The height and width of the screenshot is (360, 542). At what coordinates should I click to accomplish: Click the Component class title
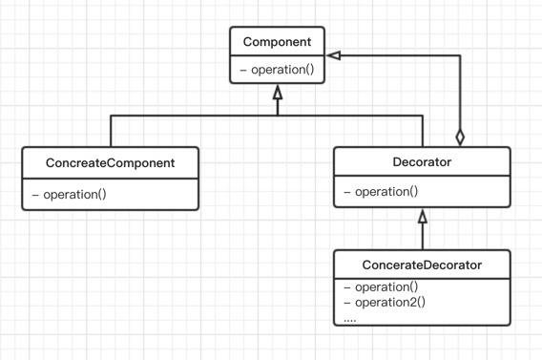(277, 42)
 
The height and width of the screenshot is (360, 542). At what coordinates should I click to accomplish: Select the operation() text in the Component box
(282, 70)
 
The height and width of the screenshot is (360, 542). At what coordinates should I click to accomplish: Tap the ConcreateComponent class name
(110, 163)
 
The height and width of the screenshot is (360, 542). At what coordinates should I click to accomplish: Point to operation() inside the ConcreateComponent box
(74, 195)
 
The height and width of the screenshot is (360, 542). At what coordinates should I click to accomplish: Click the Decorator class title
(422, 161)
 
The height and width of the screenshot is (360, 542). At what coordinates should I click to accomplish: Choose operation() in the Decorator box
(386, 192)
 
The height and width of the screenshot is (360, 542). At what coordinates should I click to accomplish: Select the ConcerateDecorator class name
(422, 265)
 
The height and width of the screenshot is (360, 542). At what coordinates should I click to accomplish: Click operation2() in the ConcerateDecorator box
(390, 303)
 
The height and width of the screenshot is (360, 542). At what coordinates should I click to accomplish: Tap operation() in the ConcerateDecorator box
(386, 287)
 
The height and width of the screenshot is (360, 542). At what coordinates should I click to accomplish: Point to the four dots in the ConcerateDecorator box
(350, 321)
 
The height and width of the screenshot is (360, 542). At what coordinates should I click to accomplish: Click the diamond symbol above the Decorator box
(460, 138)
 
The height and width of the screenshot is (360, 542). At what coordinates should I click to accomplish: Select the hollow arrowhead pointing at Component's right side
(334, 55)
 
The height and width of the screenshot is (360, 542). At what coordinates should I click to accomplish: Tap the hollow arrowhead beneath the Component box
(278, 93)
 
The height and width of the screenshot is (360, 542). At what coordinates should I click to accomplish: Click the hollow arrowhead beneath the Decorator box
(423, 216)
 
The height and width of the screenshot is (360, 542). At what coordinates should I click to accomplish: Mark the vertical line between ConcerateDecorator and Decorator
(423, 236)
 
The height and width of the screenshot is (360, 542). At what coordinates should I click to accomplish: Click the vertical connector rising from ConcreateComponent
(111, 131)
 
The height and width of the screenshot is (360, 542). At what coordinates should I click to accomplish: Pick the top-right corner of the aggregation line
(460, 55)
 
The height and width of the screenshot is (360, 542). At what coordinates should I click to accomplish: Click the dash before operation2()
(347, 303)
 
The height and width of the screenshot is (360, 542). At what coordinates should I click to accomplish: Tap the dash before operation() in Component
(243, 71)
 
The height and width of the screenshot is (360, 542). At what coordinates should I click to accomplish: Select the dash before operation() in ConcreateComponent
(35, 195)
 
